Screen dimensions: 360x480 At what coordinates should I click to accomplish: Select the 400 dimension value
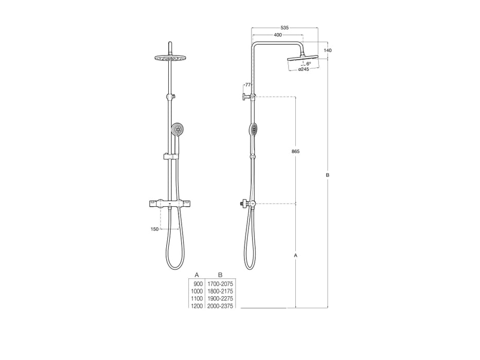point(278,34)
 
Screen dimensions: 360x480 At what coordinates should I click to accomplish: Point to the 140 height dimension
point(328,50)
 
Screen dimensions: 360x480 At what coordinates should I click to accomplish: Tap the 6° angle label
point(309,63)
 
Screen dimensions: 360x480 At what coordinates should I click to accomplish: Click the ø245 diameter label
point(304,69)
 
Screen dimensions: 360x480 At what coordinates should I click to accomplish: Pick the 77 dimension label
point(247,84)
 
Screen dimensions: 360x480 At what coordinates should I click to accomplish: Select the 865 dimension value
point(295,151)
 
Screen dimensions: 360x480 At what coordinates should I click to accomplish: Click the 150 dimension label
point(154,229)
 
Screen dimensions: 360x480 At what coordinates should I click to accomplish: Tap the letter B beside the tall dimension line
point(328,175)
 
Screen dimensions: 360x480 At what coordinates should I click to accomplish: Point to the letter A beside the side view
point(295,255)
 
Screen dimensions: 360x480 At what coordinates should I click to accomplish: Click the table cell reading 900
point(198,284)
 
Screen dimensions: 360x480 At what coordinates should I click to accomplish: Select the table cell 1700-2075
point(220,284)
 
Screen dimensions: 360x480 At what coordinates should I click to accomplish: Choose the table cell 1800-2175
point(220,291)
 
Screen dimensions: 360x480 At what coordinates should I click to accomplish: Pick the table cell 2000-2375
point(220,306)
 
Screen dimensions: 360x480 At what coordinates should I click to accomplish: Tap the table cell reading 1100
point(197,299)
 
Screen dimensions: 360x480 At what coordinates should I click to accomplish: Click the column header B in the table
point(220,275)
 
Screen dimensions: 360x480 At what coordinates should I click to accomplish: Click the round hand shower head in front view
point(177,129)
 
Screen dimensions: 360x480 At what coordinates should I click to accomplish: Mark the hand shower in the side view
point(252,129)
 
